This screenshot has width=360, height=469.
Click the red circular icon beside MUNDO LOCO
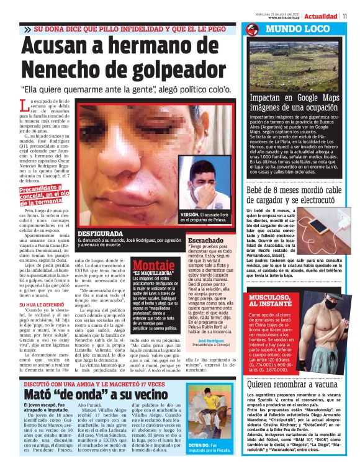coord(251,30)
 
